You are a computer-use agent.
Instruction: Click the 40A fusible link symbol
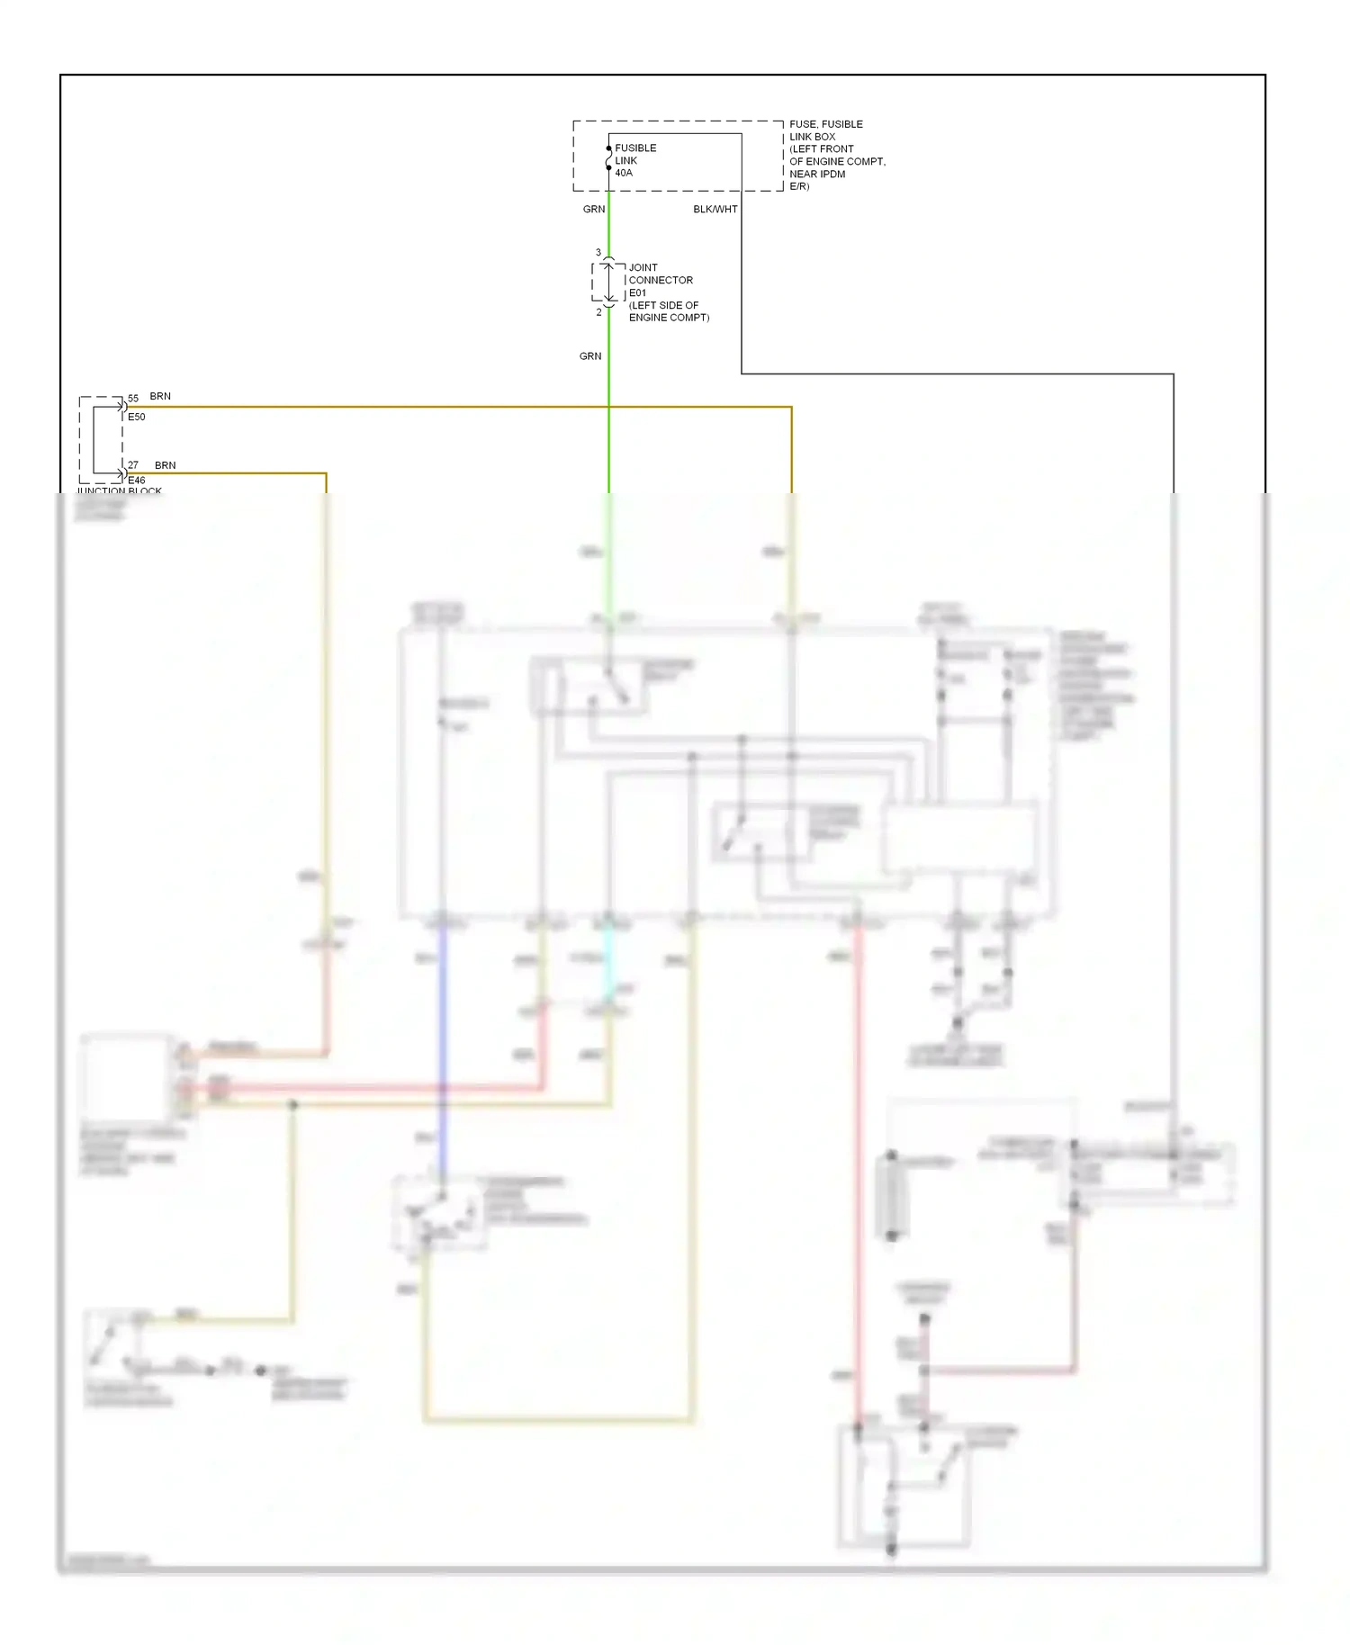(x=609, y=158)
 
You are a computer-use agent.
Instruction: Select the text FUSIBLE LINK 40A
(x=634, y=160)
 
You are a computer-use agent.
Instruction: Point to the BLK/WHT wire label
(x=715, y=210)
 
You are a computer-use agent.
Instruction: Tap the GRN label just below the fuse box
(x=594, y=210)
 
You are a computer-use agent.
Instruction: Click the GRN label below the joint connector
(x=590, y=356)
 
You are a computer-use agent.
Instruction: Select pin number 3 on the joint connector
(x=598, y=253)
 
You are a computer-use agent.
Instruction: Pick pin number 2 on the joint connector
(x=598, y=312)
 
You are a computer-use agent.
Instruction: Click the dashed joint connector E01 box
(x=608, y=283)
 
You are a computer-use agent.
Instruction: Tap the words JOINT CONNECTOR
(x=660, y=274)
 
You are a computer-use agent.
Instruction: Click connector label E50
(x=137, y=418)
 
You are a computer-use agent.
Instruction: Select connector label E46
(x=137, y=481)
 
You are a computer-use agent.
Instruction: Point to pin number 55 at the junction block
(x=133, y=398)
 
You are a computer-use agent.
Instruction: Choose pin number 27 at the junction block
(x=133, y=465)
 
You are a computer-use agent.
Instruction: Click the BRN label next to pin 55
(x=160, y=397)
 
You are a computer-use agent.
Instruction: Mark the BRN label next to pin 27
(x=166, y=465)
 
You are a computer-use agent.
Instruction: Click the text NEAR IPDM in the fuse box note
(x=817, y=175)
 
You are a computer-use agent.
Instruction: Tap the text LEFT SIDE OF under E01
(x=664, y=305)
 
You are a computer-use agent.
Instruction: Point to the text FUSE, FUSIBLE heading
(x=826, y=124)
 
